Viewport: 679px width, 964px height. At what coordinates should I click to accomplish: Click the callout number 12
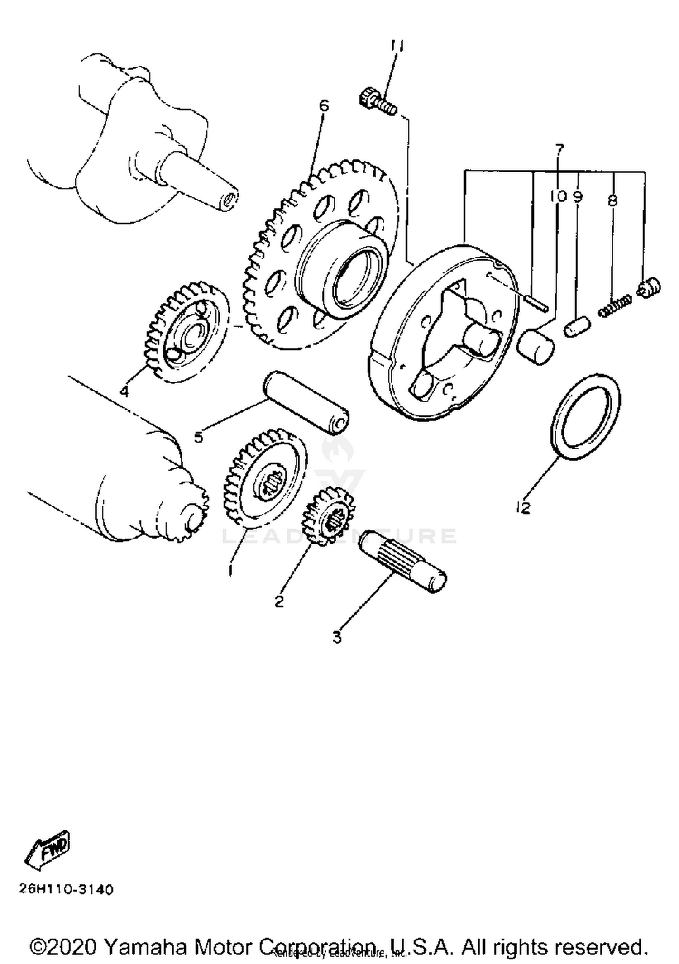[x=523, y=508]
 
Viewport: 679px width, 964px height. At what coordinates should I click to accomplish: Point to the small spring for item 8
[x=615, y=307]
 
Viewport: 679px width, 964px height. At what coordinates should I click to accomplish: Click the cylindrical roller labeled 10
[x=536, y=347]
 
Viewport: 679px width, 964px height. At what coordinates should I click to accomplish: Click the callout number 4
[x=124, y=391]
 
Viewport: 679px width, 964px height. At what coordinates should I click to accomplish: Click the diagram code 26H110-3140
[x=66, y=890]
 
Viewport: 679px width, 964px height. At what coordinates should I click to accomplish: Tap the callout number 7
[x=559, y=149]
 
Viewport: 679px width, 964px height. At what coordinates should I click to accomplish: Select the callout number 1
[x=230, y=570]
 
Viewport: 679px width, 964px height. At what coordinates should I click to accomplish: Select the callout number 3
[x=337, y=637]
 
